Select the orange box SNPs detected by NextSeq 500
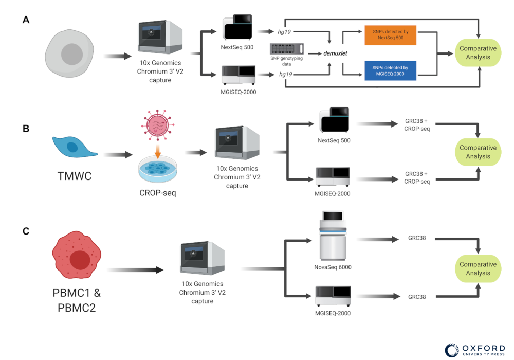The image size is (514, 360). coord(390,36)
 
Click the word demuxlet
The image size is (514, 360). coord(337,53)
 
